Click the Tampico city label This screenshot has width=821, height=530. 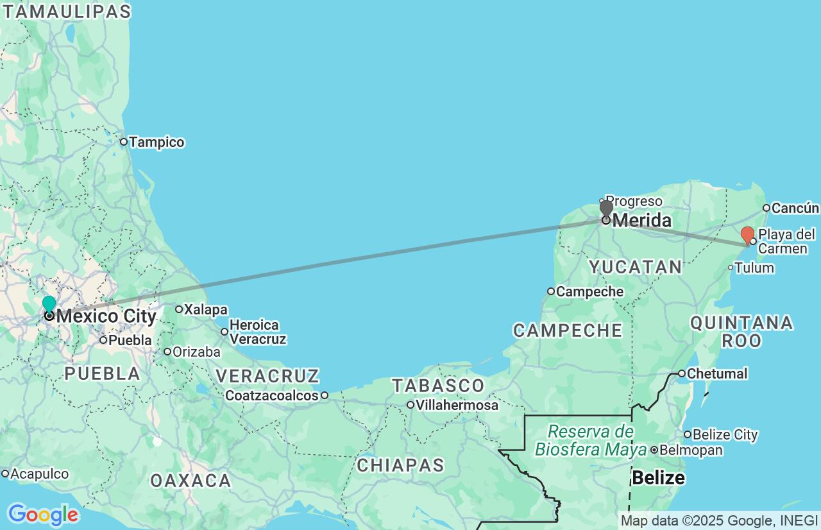[157, 142]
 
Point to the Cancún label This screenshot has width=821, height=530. [795, 208]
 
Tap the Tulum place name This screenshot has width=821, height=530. [754, 268]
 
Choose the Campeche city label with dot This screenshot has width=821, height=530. [589, 291]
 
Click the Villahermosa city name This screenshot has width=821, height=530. [457, 405]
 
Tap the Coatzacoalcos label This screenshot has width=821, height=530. [272, 395]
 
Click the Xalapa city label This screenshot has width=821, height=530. [205, 309]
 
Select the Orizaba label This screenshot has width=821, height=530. [196, 352]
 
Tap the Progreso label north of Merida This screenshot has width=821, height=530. [634, 201]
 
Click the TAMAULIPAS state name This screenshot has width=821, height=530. [66, 11]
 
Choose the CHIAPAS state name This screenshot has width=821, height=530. [400, 465]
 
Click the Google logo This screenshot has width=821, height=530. [43, 515]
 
